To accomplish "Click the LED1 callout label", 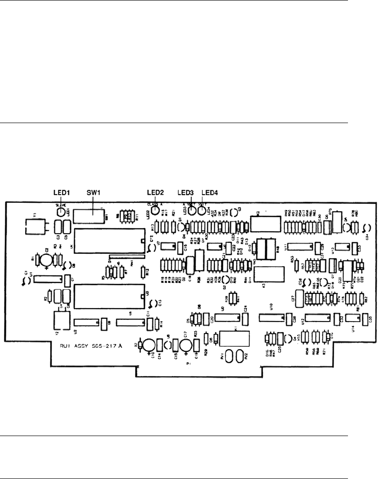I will coord(61,192).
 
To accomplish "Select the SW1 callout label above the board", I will coord(91,192).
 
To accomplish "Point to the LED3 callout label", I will coord(186,192).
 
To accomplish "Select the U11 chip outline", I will coord(299,247).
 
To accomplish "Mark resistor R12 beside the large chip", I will coord(143,272).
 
